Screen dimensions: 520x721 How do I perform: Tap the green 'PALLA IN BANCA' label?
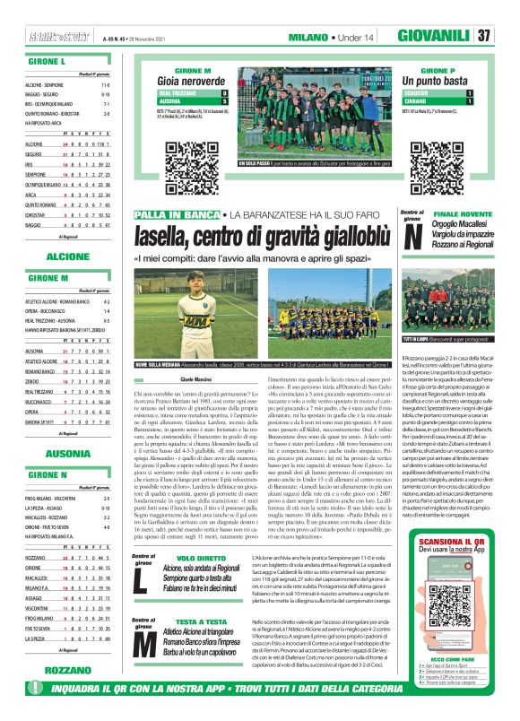[177, 214]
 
